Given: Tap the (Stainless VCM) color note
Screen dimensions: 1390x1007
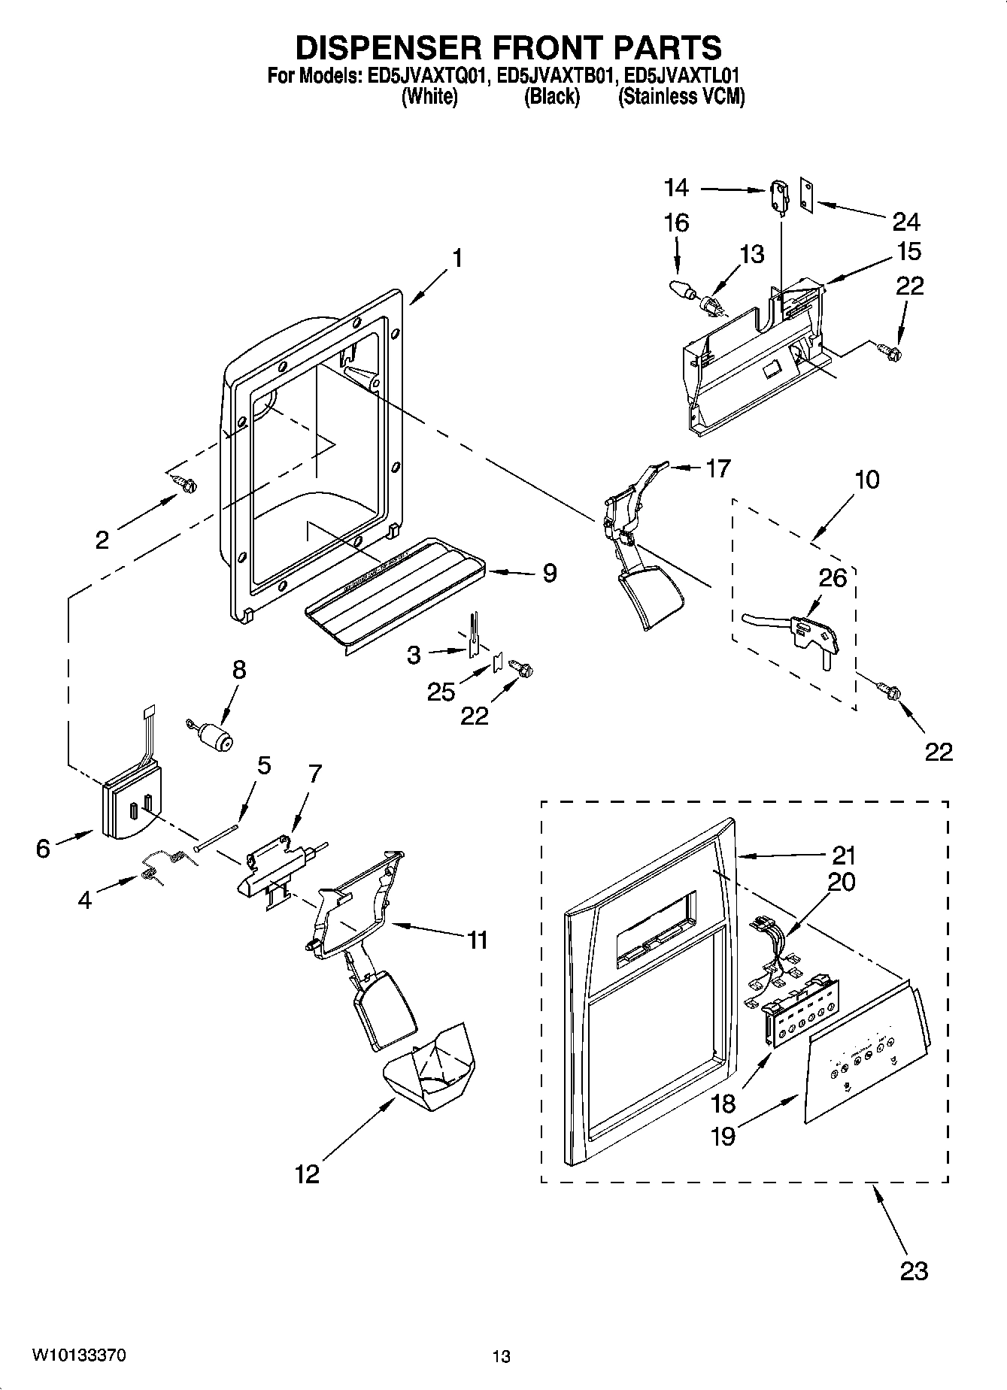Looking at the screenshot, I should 681,97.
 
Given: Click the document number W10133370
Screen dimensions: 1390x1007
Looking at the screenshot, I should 78,1356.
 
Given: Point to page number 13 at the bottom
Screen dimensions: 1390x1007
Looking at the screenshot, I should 501,1357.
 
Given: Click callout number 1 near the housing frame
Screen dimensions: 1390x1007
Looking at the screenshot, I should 456,258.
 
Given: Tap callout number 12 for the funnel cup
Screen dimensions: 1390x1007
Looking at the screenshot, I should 307,1173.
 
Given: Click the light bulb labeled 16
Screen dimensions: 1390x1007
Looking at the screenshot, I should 680,288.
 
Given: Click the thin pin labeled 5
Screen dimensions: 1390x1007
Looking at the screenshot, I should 217,836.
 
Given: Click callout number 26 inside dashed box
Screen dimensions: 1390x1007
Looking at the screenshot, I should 833,578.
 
